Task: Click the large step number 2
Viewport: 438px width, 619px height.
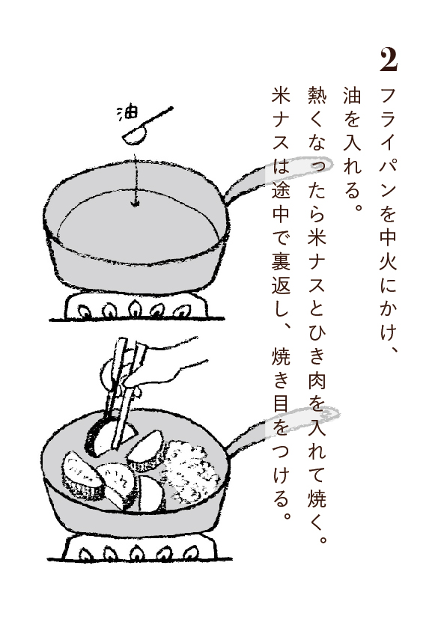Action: pyautogui.click(x=389, y=60)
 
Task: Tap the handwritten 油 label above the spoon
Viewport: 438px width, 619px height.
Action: pyautogui.click(x=127, y=112)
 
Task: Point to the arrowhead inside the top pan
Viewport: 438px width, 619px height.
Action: pyautogui.click(x=136, y=203)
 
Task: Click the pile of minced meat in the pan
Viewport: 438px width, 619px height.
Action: pyautogui.click(x=192, y=471)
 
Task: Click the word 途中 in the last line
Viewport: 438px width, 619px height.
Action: pyautogui.click(x=281, y=201)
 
